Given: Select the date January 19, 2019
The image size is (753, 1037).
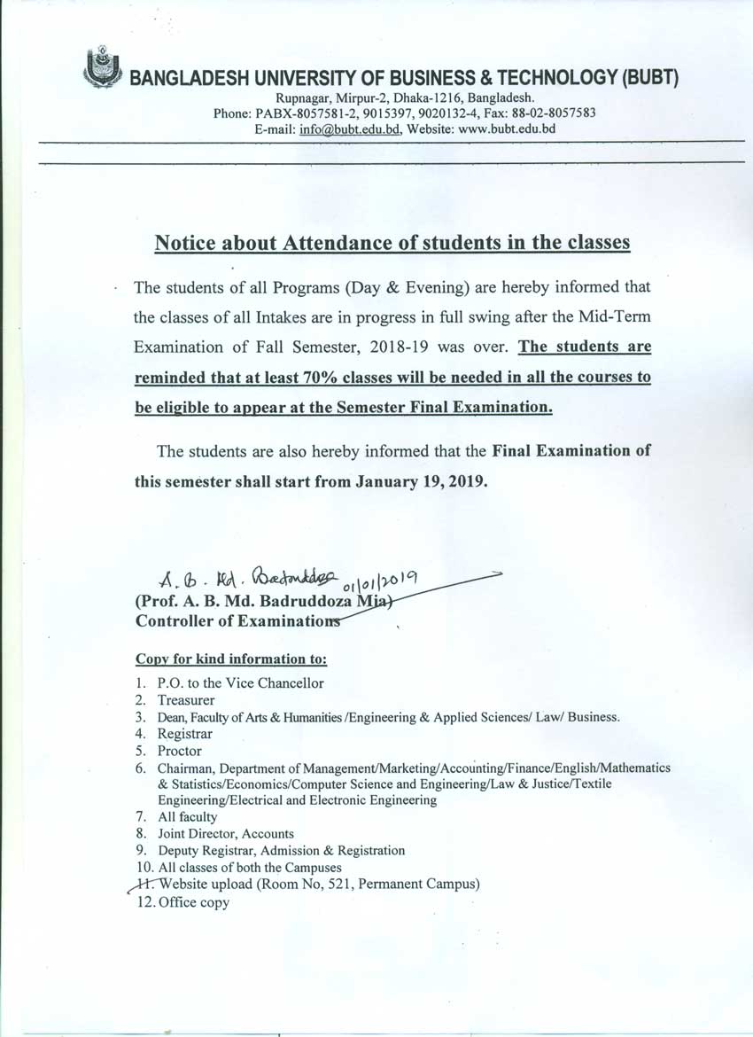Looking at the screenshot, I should (x=421, y=483).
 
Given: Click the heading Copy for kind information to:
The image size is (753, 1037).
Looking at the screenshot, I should (x=231, y=659).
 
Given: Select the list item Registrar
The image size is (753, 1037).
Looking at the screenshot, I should (x=184, y=734).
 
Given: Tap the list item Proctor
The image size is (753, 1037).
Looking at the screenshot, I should (x=180, y=751).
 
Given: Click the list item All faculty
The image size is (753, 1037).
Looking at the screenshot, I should (x=187, y=817).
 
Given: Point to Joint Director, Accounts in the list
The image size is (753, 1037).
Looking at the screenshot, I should (x=226, y=834).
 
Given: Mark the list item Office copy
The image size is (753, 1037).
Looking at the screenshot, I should (x=193, y=902).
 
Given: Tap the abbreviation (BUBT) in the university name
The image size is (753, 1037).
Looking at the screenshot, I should (x=650, y=79).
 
